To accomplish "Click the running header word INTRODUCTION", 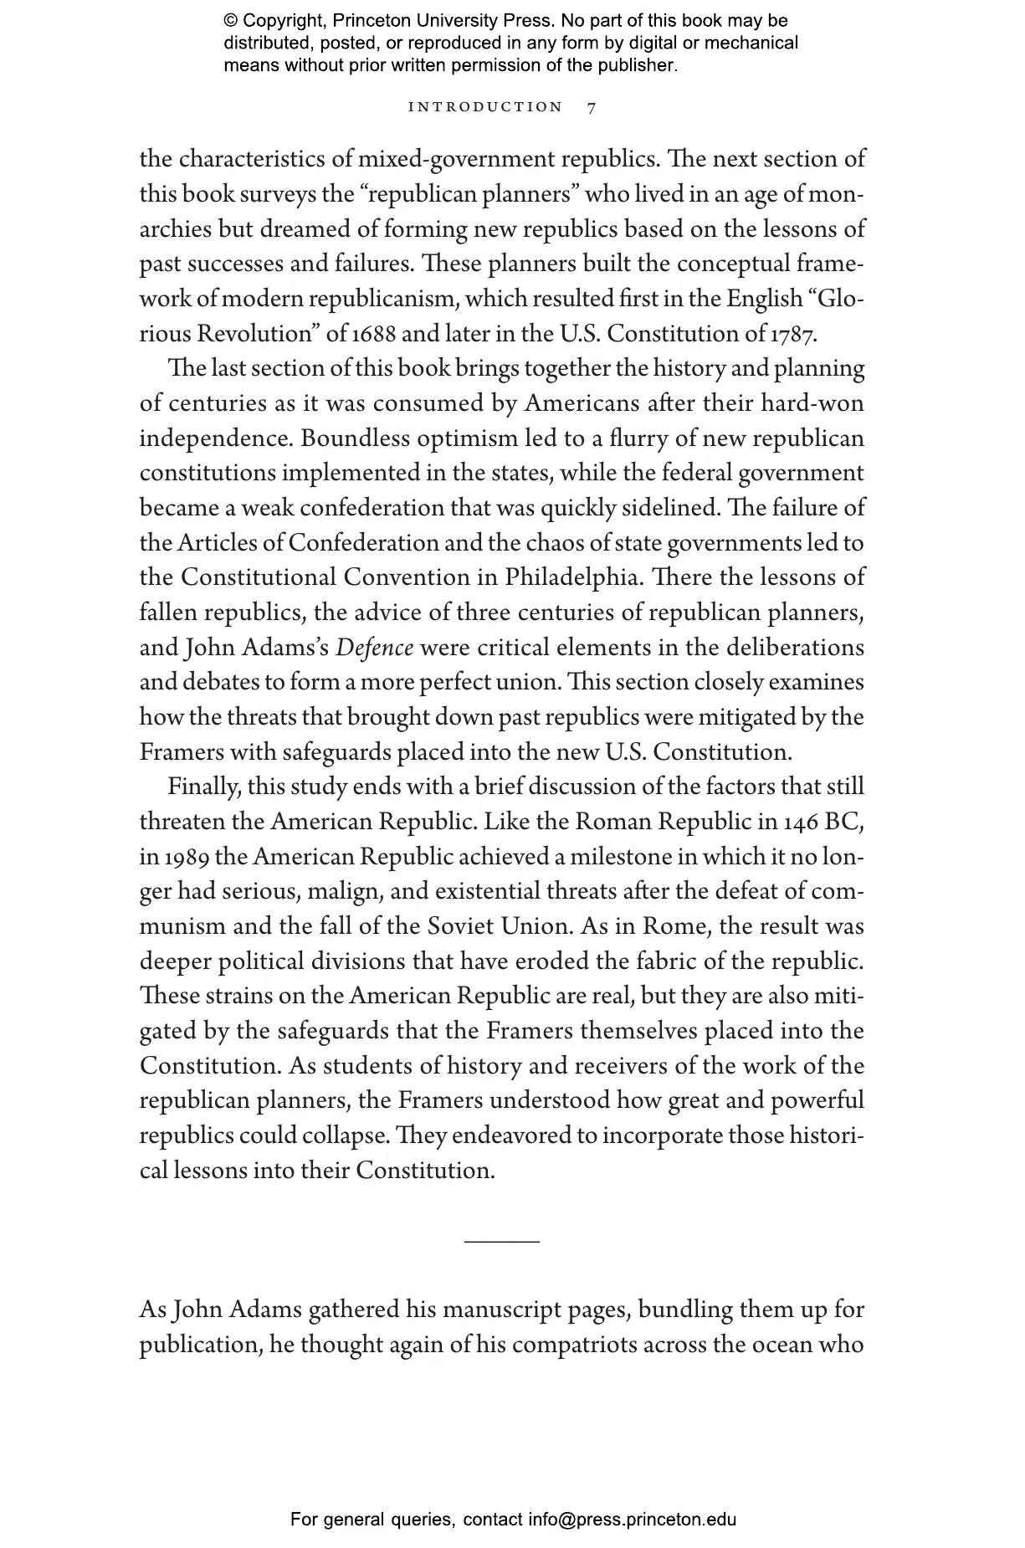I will point(485,107).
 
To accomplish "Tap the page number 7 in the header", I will point(592,108).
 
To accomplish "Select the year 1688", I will point(375,334).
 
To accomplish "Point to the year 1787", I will point(791,334).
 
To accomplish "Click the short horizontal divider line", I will point(501,1241).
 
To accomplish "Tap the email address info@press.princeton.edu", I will point(632,1520).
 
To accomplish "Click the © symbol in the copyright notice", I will point(232,21).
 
